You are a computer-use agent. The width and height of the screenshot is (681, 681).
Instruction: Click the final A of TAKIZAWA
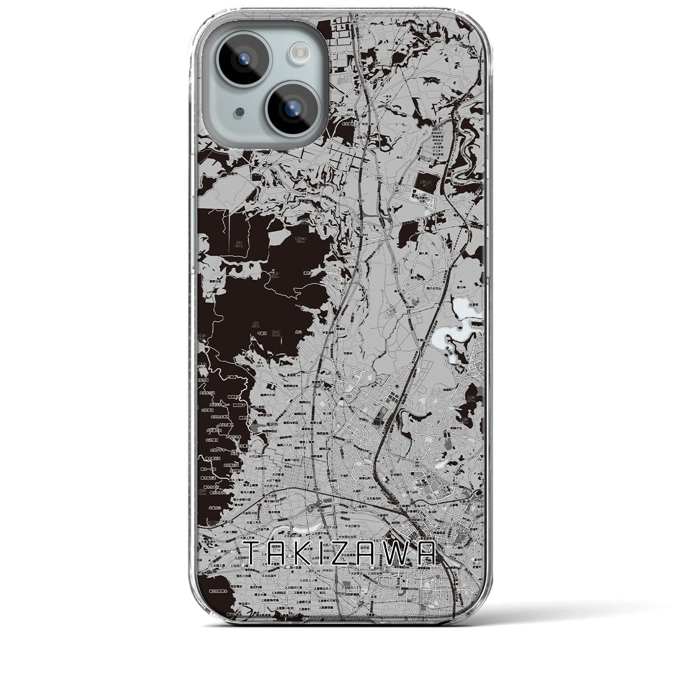point(429,553)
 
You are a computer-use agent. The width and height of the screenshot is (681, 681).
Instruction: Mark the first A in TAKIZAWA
point(280,553)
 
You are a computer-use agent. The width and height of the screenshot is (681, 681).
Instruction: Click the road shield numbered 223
point(348,442)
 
